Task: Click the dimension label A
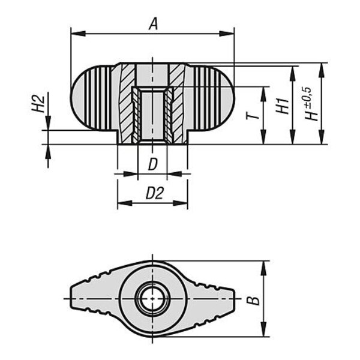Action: click(x=154, y=25)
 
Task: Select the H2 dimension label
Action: click(x=38, y=104)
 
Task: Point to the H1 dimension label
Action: click(x=282, y=106)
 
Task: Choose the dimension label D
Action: click(x=153, y=164)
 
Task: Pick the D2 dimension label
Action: click(x=155, y=193)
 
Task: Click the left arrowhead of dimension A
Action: click(x=78, y=34)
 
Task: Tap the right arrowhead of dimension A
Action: click(x=226, y=34)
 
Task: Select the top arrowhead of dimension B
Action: click(x=264, y=268)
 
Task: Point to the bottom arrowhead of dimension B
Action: click(x=264, y=329)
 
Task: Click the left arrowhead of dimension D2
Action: click(x=125, y=203)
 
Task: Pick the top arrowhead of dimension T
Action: click(x=263, y=94)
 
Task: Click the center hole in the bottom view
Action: click(x=152, y=299)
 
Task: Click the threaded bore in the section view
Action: click(x=152, y=115)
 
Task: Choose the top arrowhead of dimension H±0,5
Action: click(x=322, y=70)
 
